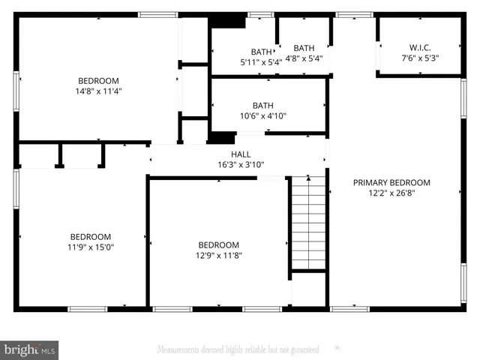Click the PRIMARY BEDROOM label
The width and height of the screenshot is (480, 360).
(x=391, y=182)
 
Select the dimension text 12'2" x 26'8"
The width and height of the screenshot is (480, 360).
(x=391, y=192)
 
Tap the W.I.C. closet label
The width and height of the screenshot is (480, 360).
(x=419, y=47)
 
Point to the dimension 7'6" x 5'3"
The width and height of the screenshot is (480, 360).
(x=419, y=58)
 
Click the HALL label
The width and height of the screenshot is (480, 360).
(x=241, y=154)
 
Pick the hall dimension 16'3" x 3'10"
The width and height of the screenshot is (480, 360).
(x=241, y=164)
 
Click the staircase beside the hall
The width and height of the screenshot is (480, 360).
(x=308, y=225)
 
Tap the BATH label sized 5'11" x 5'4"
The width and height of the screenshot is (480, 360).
(x=260, y=52)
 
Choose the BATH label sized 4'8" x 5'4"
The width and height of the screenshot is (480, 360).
(x=304, y=47)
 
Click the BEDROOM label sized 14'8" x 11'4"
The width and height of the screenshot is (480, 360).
(x=99, y=81)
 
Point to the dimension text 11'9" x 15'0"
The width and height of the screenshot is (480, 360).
(x=91, y=246)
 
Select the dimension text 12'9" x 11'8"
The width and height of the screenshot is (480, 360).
(x=218, y=255)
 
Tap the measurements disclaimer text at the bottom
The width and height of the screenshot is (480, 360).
(x=238, y=349)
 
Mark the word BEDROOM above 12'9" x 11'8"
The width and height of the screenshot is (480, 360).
(x=218, y=244)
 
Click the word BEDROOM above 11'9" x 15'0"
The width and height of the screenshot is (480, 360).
(x=91, y=235)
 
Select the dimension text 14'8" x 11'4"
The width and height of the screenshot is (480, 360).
(x=99, y=91)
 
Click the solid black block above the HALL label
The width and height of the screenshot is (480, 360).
(x=221, y=137)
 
